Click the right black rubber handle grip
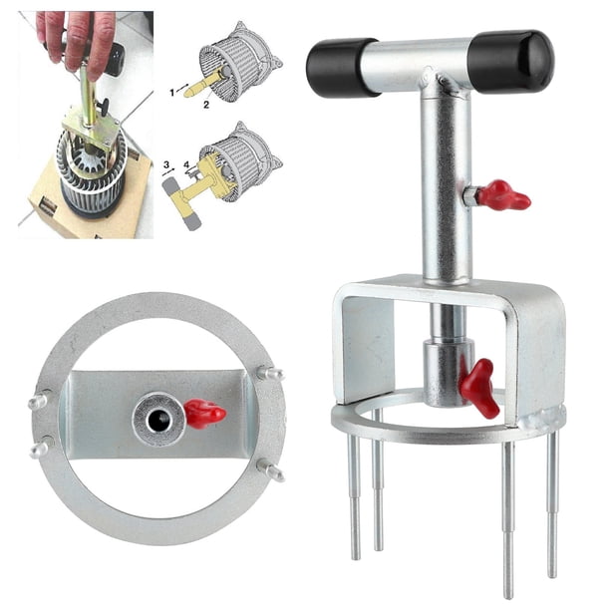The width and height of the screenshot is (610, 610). point(510,61)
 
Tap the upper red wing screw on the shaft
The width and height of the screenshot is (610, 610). point(503,195)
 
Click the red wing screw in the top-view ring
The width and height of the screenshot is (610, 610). point(204,414)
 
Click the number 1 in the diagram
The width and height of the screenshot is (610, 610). point(172,93)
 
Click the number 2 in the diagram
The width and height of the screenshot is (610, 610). point(205,105)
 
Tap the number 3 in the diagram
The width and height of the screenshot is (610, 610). point(166,164)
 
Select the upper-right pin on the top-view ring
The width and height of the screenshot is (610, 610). point(270,374)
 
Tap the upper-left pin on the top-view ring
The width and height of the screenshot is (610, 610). point(38,401)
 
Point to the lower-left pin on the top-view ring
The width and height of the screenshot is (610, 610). point(40,449)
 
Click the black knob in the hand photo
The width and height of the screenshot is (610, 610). point(103,105)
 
